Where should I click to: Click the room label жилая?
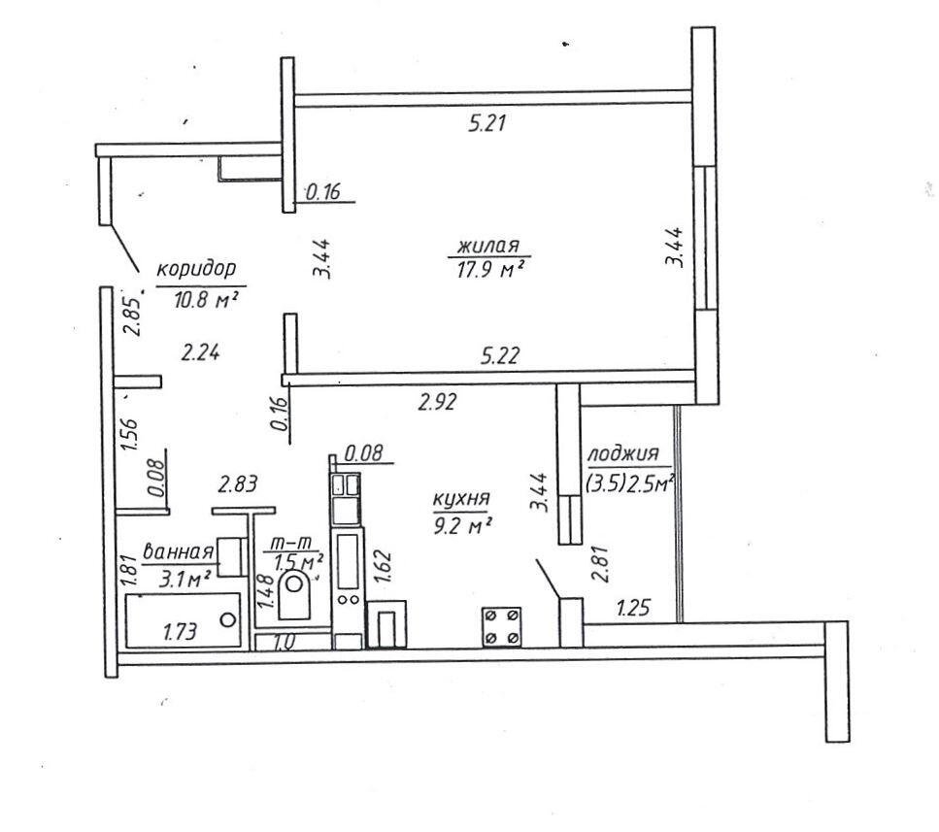[488, 246]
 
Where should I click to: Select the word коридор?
[196, 270]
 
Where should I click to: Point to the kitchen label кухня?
[461, 499]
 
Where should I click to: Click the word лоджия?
[623, 454]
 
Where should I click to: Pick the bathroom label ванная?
[179, 551]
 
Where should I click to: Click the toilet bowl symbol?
[294, 594]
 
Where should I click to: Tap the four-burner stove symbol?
[501, 627]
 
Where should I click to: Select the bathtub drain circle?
[227, 620]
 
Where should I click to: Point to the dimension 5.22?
[500, 356]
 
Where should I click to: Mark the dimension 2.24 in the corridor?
[201, 352]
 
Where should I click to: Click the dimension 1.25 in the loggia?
[633, 608]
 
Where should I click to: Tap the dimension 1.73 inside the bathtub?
[180, 631]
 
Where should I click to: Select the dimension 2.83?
[238, 483]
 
